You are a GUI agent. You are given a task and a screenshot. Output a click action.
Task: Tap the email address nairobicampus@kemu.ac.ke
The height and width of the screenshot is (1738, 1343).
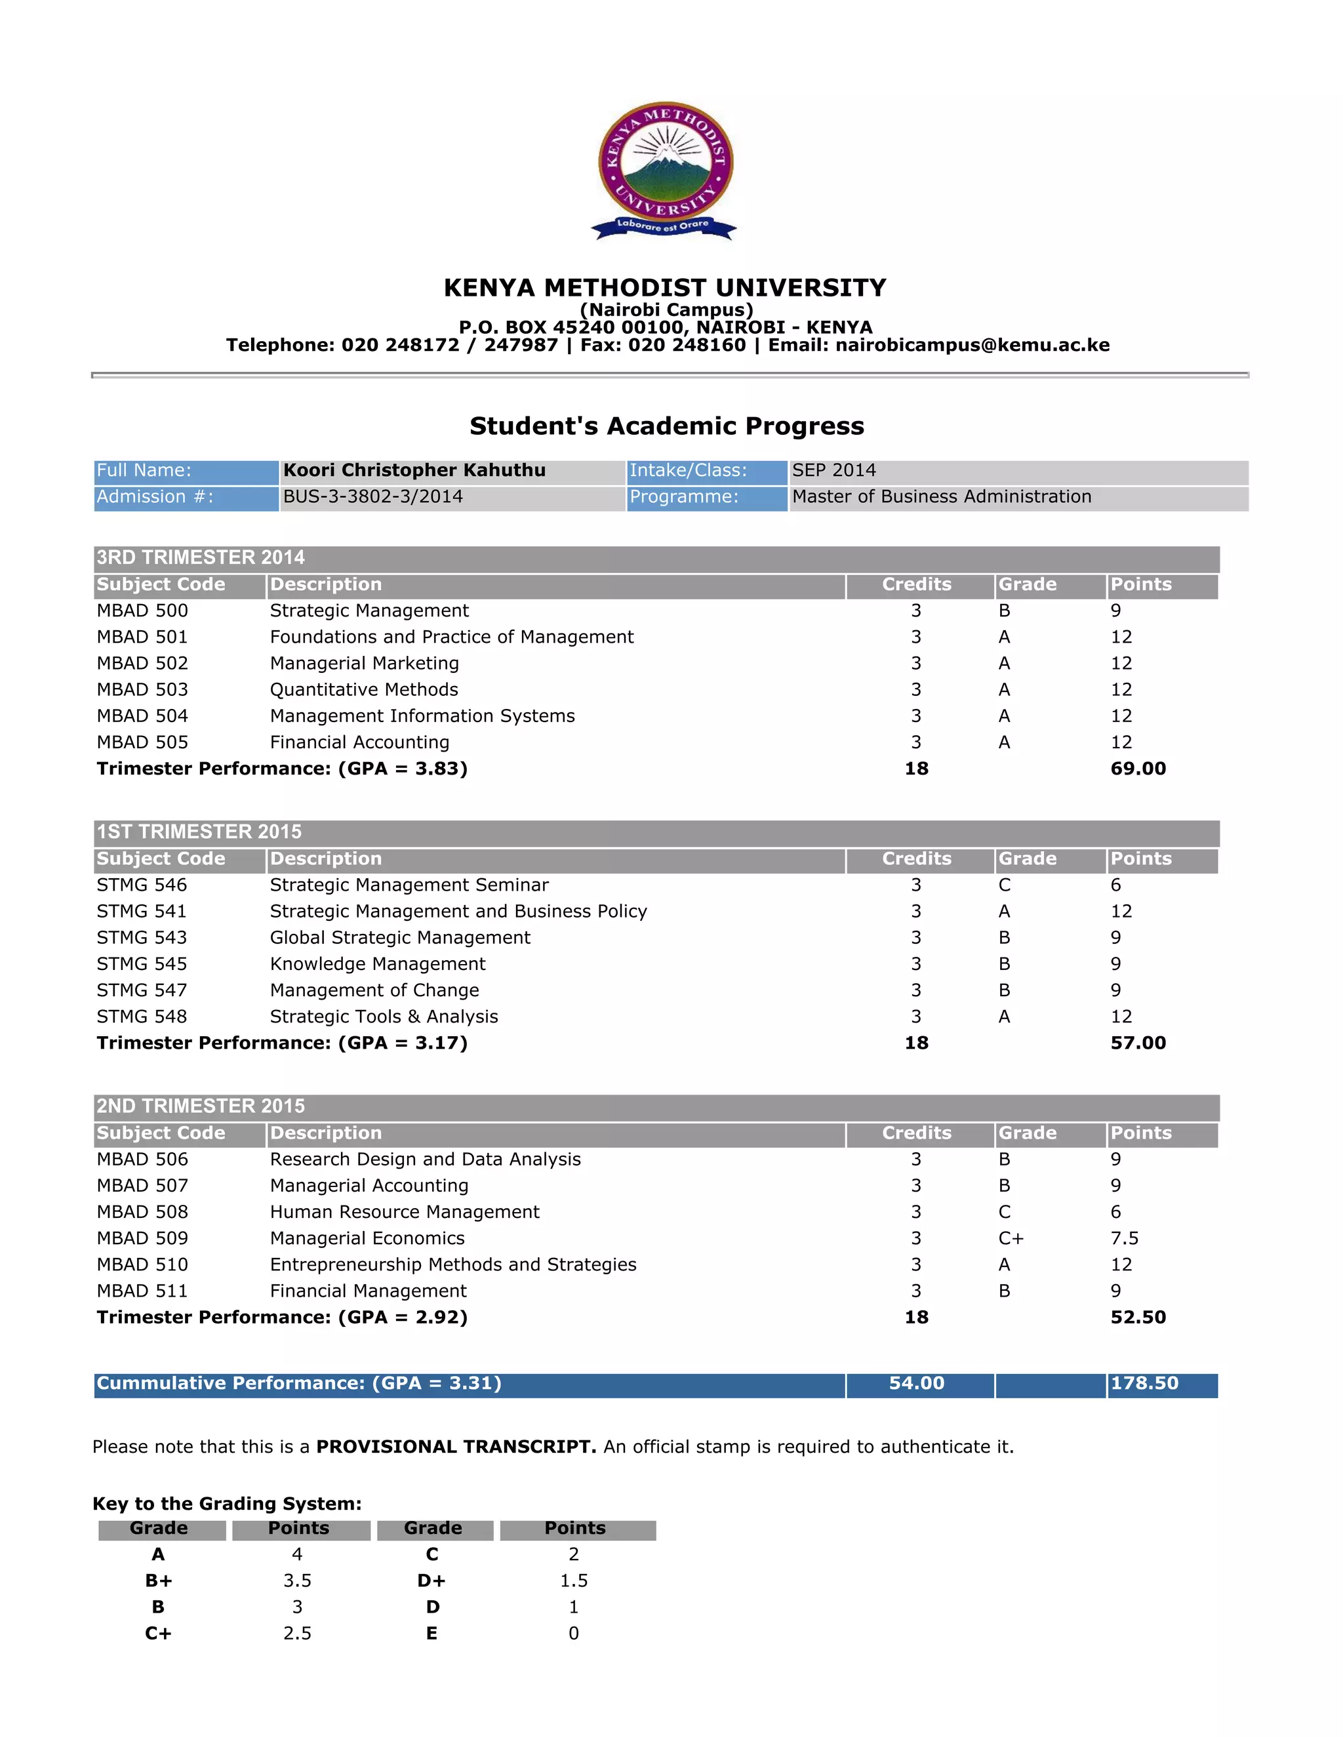click(972, 344)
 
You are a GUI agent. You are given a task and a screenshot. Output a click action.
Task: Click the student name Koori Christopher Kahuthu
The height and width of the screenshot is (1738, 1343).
click(414, 470)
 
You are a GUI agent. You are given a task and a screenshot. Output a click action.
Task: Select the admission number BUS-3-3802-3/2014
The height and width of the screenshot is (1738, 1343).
click(372, 496)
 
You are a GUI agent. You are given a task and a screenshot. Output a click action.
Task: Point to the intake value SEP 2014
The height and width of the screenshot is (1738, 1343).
click(834, 470)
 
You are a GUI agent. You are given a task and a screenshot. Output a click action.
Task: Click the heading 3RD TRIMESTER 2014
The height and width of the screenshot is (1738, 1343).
click(201, 557)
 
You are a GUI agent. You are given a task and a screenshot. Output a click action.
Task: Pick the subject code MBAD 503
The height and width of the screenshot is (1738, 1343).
click(142, 689)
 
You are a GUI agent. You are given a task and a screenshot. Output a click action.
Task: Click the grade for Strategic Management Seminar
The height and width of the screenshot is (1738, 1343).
click(1004, 885)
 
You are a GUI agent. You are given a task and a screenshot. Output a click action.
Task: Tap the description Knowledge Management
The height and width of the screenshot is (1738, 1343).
click(377, 963)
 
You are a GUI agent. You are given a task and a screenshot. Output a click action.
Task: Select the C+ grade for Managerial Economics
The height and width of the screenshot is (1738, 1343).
click(1011, 1238)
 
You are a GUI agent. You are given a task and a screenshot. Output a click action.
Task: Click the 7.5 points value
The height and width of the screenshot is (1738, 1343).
click(1124, 1238)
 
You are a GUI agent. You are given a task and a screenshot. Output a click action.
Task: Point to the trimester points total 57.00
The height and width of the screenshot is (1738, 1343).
click(1138, 1043)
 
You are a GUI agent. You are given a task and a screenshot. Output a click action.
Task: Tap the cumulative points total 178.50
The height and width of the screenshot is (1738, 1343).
click(1144, 1383)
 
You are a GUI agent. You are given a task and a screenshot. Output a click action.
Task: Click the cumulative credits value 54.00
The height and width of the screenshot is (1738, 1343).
click(917, 1383)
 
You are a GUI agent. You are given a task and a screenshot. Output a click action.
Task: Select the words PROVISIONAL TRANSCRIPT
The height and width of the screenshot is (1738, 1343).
click(456, 1447)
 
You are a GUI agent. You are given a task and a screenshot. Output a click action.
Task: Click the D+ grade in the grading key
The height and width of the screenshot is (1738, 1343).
click(431, 1581)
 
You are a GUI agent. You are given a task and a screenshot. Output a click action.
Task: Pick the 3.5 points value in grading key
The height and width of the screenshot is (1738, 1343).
click(297, 1581)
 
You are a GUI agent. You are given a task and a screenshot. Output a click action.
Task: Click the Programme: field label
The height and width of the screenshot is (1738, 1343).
click(684, 496)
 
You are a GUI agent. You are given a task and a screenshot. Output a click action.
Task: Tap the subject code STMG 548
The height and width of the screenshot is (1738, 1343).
click(142, 1016)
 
